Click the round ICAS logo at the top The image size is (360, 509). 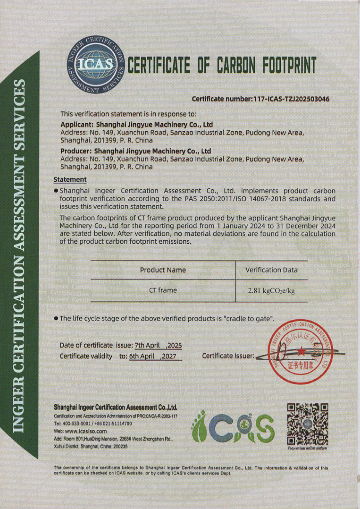click(x=95, y=64)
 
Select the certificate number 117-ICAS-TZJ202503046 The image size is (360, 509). click(x=289, y=99)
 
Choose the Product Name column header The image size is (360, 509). click(x=163, y=270)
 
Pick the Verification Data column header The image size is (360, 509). click(x=271, y=270)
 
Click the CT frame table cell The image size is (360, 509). click(x=163, y=290)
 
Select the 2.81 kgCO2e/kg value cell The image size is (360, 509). click(x=271, y=291)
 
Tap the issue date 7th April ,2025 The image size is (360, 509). click(x=158, y=345)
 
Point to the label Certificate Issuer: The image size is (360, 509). click(x=228, y=356)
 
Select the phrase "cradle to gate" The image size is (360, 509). click(x=249, y=319)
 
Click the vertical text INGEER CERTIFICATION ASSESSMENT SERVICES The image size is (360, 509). click(x=21, y=256)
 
